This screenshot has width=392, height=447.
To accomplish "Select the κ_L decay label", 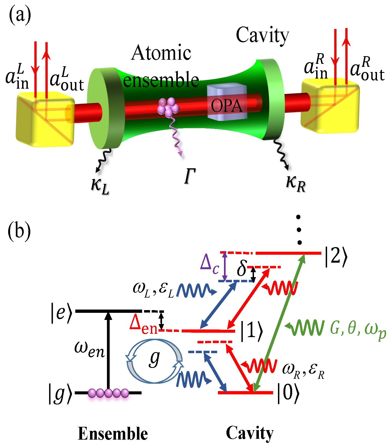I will (x=100, y=186).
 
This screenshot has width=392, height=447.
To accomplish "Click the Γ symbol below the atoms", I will (x=190, y=176).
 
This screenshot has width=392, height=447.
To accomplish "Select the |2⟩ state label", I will (x=336, y=256).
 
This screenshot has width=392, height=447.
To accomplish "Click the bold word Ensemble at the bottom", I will (x=113, y=434).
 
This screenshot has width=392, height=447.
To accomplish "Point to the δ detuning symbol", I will (x=241, y=268).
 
